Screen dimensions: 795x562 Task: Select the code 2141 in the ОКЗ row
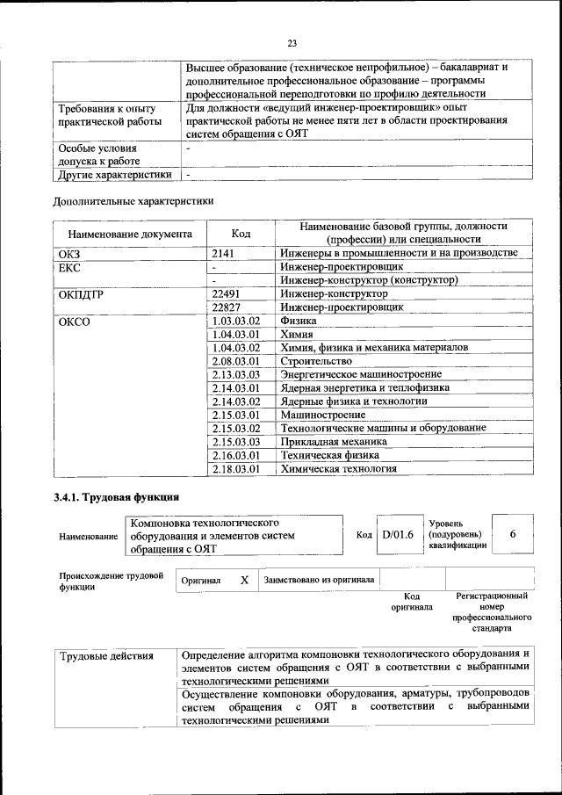(x=224, y=253)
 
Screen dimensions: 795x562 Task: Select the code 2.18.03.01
(x=236, y=469)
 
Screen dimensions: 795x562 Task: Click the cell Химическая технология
(x=338, y=469)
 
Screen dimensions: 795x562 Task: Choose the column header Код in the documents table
(x=241, y=235)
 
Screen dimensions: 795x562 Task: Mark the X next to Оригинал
(x=244, y=581)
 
